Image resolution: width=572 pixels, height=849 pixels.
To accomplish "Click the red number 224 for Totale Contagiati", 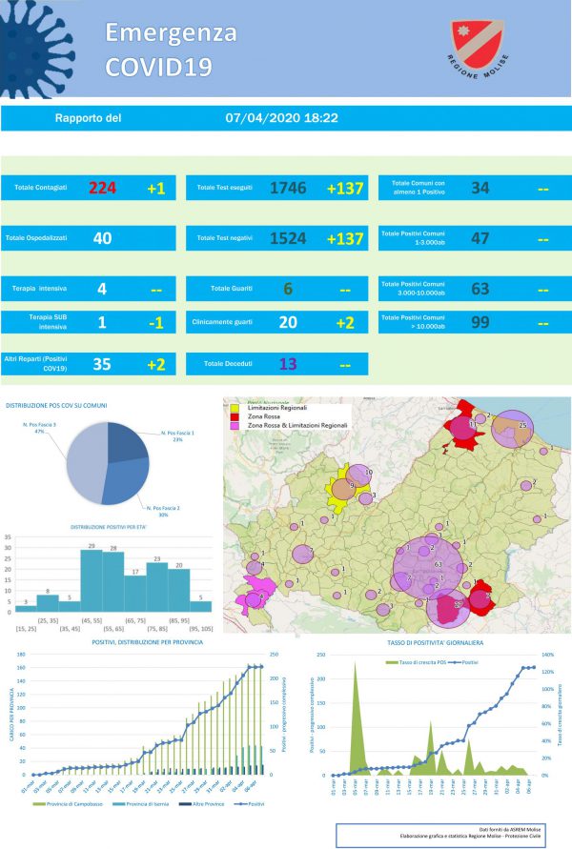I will [x=102, y=188].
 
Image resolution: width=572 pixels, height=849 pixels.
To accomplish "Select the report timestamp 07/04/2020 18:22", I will [x=282, y=119].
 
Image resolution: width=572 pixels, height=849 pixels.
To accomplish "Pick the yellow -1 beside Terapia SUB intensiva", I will [x=156, y=322].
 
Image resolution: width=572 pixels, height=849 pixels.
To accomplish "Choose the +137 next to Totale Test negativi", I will [x=345, y=238].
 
